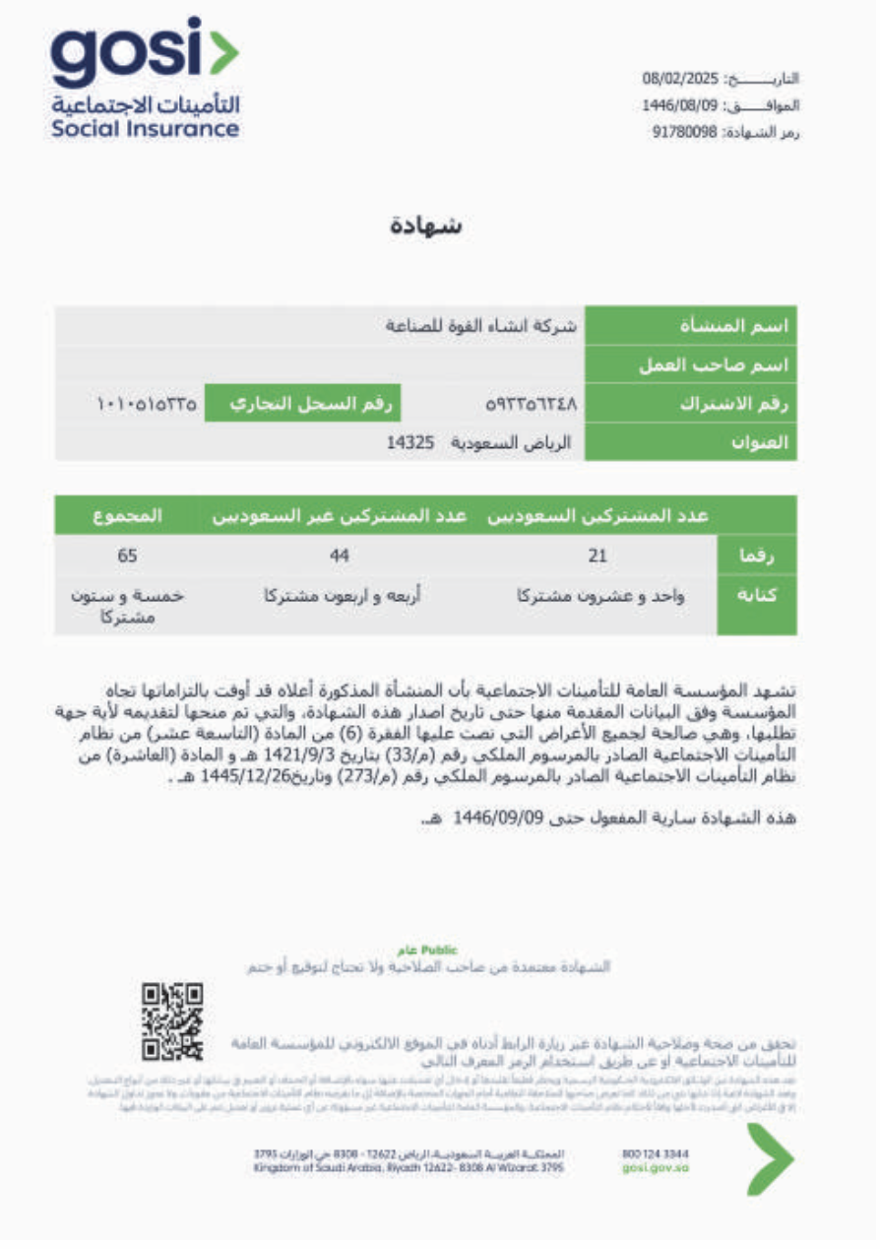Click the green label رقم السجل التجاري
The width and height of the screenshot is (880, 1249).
coord(303,403)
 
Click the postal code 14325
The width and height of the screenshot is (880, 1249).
coord(410,443)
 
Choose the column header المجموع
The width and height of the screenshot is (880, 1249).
coord(128,515)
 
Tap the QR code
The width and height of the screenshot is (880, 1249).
coord(173,1021)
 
